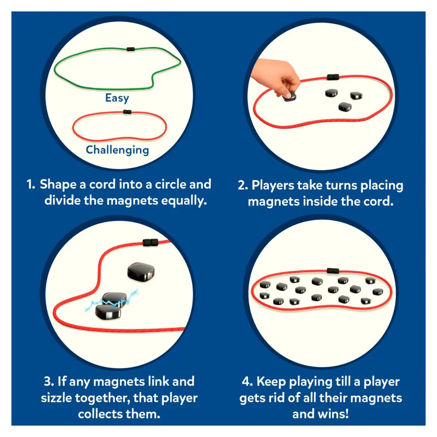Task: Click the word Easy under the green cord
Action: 117,98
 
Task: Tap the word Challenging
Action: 117,150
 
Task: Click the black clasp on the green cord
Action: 131,49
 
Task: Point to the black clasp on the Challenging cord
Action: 127,112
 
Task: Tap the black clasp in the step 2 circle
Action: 333,76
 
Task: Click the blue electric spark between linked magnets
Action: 112,301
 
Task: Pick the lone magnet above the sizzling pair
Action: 141,271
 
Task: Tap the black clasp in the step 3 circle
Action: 151,242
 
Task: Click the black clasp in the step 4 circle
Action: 333,270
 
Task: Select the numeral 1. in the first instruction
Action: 31,185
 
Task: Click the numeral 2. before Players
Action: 243,186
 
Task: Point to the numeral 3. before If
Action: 49,382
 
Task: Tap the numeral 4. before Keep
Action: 247,382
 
